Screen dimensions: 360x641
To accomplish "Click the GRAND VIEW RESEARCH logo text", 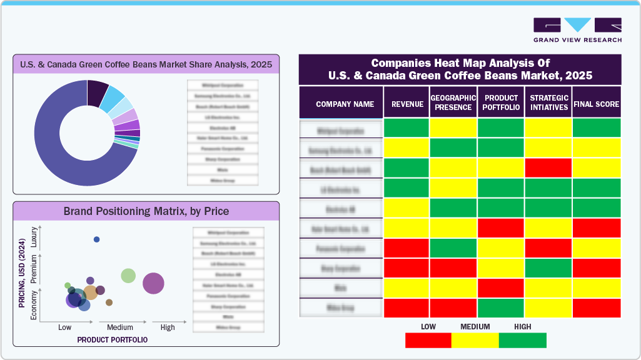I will click(x=577, y=40).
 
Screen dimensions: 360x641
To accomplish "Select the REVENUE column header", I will click(x=407, y=104).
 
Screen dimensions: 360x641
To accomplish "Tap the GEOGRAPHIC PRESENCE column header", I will click(x=453, y=102).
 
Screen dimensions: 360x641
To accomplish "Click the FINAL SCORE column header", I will click(x=596, y=104).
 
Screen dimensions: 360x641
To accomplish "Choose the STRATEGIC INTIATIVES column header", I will click(x=548, y=102).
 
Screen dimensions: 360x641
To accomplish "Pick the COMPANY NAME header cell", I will click(x=345, y=104).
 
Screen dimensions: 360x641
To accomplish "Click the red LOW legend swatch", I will click(x=428, y=340).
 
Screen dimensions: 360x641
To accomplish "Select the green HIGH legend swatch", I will click(x=522, y=340).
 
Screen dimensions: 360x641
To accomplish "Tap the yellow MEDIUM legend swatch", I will click(x=475, y=340).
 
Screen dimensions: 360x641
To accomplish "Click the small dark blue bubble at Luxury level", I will click(x=96, y=239).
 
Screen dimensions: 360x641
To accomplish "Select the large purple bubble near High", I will click(x=153, y=283).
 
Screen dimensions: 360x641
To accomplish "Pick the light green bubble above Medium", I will click(x=128, y=276).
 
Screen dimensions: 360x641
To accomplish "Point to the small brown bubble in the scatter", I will click(x=109, y=302).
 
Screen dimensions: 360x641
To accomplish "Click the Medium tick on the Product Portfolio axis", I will click(x=120, y=327).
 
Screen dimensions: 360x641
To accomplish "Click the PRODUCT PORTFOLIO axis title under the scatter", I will click(x=113, y=340).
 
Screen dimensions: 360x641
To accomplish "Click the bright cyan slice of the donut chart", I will click(x=113, y=97).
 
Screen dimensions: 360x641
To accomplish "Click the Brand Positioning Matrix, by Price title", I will click(x=146, y=211).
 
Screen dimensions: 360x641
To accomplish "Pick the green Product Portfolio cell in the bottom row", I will click(x=500, y=308).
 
